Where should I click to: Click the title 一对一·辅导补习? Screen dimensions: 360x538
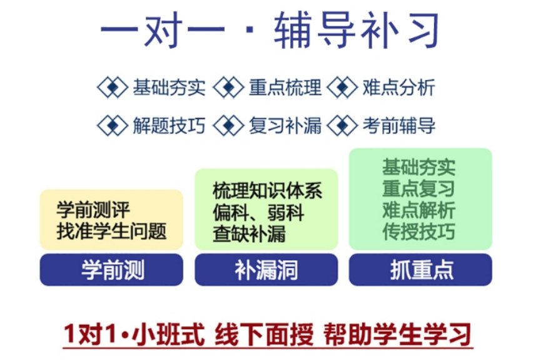(x=269, y=31)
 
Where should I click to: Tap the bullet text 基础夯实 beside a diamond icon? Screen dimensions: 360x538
(x=169, y=88)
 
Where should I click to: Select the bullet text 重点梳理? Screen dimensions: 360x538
(x=285, y=88)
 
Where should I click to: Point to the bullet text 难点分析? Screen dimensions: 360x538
(x=398, y=88)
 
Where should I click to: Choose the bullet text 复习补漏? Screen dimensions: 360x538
(x=285, y=125)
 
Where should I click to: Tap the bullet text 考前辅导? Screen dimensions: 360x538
(x=398, y=125)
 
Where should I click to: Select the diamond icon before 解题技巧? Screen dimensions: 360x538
(x=113, y=125)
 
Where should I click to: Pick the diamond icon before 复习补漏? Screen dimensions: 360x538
(x=228, y=125)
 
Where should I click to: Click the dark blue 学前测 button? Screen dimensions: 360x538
(x=112, y=270)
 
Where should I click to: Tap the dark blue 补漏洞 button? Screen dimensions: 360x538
(x=266, y=270)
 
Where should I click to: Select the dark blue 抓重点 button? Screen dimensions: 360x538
(x=420, y=270)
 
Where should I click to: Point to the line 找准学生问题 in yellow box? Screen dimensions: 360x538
(x=112, y=232)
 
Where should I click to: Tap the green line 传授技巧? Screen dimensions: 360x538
(x=419, y=231)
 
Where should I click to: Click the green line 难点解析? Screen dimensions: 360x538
(x=419, y=210)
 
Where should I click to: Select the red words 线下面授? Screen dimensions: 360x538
(x=263, y=335)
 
